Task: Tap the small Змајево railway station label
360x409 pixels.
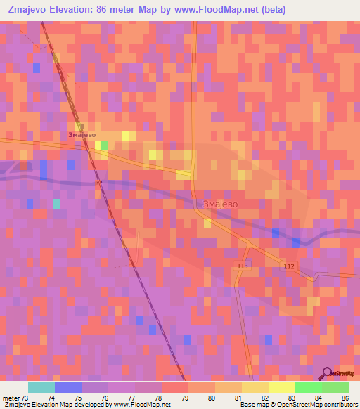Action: coord(82,134)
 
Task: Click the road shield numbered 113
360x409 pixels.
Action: coord(243,265)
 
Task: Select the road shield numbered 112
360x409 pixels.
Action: coord(290,266)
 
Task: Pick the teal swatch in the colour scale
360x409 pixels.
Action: coord(41,387)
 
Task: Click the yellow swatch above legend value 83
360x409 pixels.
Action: coord(281,387)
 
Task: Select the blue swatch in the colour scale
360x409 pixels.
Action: coord(67,387)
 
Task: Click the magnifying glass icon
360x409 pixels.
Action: coord(328,373)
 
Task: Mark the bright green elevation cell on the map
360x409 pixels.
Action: coord(105,145)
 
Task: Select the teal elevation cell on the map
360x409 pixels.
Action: coord(57,204)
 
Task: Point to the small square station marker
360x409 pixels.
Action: coord(82,126)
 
